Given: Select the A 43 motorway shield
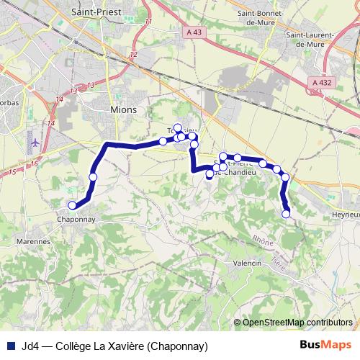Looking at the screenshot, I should [193, 32].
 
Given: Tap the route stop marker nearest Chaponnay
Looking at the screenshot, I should [72, 205].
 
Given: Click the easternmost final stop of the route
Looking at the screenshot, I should [287, 213].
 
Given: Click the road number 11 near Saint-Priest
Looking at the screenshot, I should [148, 23].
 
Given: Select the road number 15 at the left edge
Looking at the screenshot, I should [12, 173].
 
